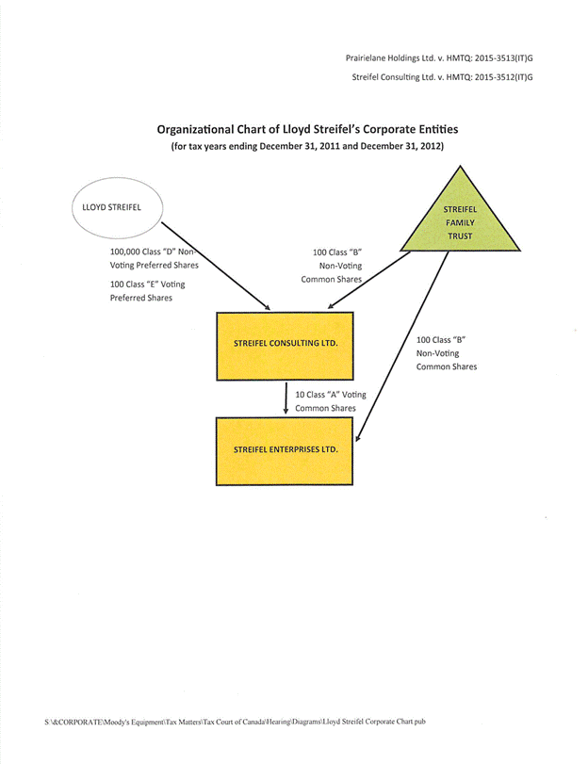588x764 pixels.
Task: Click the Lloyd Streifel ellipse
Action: click(118, 207)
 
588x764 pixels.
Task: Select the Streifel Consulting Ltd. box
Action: click(285, 342)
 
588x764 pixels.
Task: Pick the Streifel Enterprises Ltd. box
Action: click(285, 449)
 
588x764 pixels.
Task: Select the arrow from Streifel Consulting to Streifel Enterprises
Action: click(285, 396)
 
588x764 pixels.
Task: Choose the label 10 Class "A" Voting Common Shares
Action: click(330, 400)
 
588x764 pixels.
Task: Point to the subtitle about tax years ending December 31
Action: click(307, 147)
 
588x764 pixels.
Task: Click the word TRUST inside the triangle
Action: click(460, 236)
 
